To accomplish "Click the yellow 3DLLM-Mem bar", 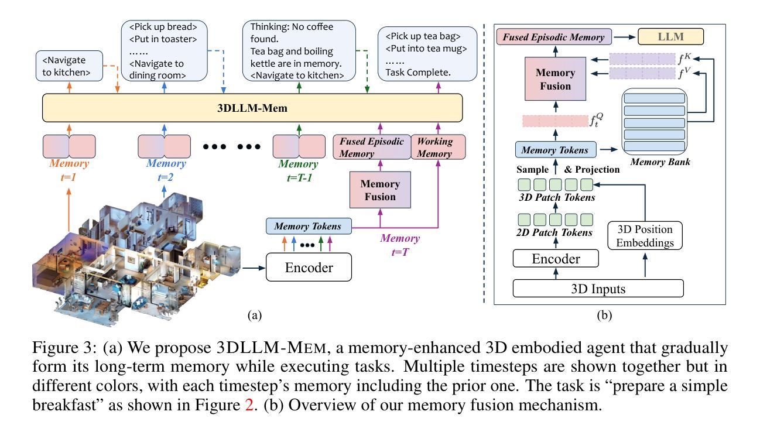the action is (x=252, y=108).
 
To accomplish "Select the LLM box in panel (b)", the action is (x=670, y=37).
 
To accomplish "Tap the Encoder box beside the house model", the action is (x=309, y=267).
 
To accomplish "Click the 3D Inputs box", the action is (x=598, y=289).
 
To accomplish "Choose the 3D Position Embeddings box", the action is (x=645, y=236).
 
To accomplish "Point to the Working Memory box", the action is (x=438, y=147).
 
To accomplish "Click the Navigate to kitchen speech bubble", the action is (x=69, y=66).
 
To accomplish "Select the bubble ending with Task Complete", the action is (x=427, y=54).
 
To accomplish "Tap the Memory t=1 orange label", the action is (x=69, y=170).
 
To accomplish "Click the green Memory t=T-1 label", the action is (x=299, y=170).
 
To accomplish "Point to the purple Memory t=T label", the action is (x=400, y=245).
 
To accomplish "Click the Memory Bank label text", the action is (x=660, y=162).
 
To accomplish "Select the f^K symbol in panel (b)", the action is (x=684, y=59).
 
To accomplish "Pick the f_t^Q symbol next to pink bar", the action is (x=596, y=119).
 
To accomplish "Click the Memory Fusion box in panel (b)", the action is (x=556, y=79).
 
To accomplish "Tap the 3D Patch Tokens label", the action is (x=557, y=197).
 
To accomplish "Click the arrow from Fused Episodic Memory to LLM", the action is (x=625, y=37).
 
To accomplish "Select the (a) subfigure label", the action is (x=255, y=316).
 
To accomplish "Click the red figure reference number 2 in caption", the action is (x=249, y=405).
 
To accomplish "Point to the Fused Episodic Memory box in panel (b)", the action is (x=554, y=37).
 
